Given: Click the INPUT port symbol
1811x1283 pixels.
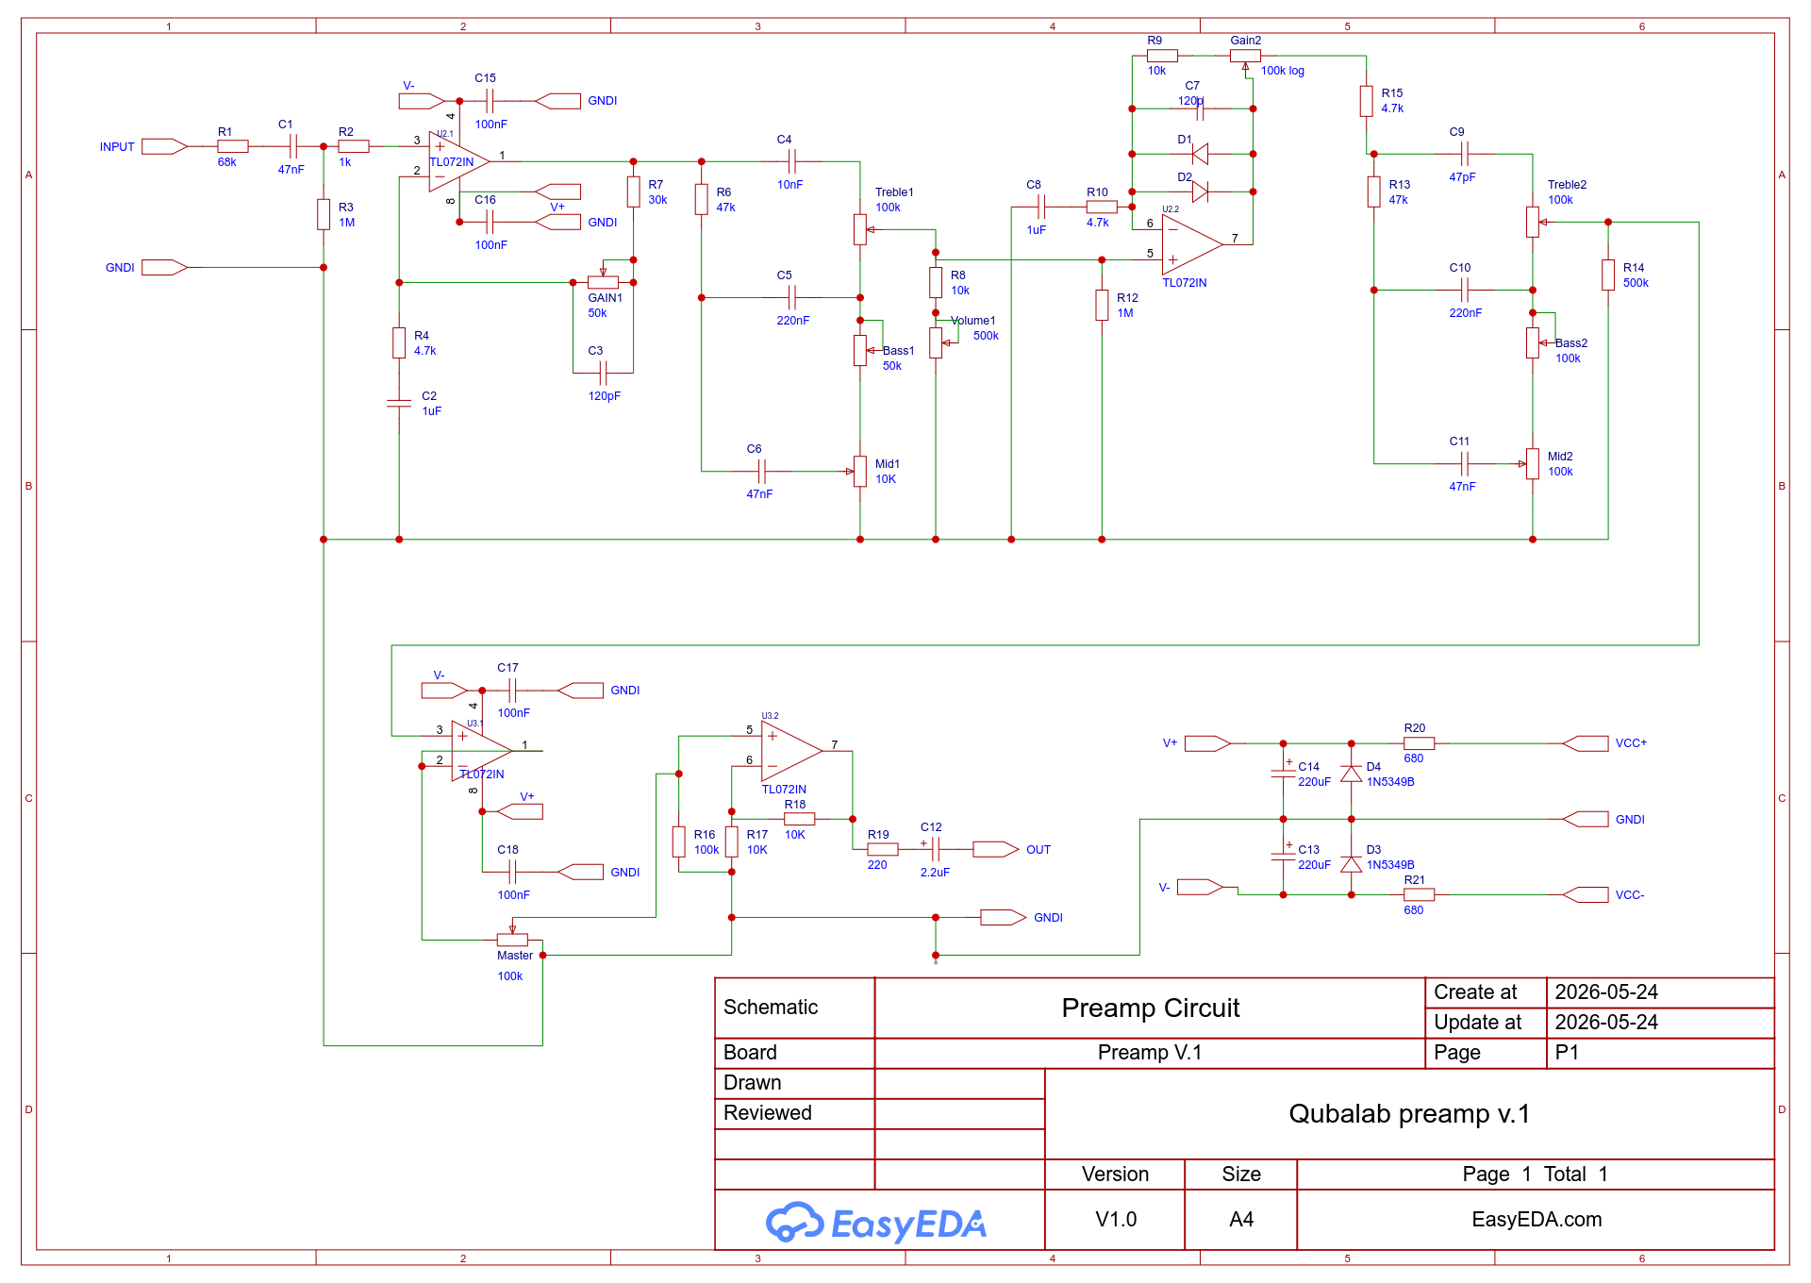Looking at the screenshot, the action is pyautogui.click(x=164, y=146).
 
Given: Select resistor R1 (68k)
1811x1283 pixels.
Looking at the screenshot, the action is pyautogui.click(x=233, y=146).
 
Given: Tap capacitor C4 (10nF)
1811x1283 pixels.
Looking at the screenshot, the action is pyautogui.click(x=792, y=161).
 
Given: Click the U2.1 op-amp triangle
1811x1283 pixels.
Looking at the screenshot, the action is pyautogui.click(x=459, y=161).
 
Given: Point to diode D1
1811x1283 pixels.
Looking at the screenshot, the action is pyautogui.click(x=1200, y=154).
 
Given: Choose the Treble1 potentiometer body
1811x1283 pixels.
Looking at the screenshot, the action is pyautogui.click(x=860, y=229).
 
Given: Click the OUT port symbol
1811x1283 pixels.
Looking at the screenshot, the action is pyautogui.click(x=995, y=849).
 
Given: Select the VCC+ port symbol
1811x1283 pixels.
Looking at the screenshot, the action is pyautogui.click(x=1586, y=743).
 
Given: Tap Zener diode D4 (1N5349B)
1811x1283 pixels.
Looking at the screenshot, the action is pyautogui.click(x=1351, y=774).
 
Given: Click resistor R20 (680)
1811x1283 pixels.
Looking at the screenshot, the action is pyautogui.click(x=1419, y=743).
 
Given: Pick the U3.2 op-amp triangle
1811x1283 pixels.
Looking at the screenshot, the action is pyautogui.click(x=792, y=752).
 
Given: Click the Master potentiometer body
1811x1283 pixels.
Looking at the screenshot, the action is pyautogui.click(x=512, y=940).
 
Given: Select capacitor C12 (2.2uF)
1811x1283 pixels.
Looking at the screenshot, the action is pyautogui.click(x=934, y=849).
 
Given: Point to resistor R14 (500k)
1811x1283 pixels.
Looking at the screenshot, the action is pyautogui.click(x=1608, y=275).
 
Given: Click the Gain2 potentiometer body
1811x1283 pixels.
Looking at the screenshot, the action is pyautogui.click(x=1245, y=56).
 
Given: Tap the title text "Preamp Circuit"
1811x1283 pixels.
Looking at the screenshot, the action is pyautogui.click(x=1150, y=1008).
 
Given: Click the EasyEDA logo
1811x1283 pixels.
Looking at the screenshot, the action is pyautogui.click(x=876, y=1223).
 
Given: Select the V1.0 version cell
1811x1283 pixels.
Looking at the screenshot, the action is pyautogui.click(x=1116, y=1220).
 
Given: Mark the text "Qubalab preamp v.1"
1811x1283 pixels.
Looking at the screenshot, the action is pyautogui.click(x=1409, y=1114).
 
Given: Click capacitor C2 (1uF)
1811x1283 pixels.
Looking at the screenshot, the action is pyautogui.click(x=399, y=404).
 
